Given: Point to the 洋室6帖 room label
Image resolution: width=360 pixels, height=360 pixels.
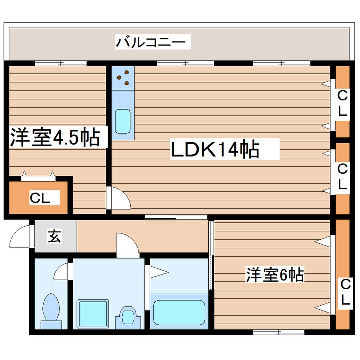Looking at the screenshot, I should (275, 274).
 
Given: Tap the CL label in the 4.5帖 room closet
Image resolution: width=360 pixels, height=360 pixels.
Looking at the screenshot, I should (40, 198).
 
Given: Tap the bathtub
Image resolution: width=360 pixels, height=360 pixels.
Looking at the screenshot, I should (179, 312).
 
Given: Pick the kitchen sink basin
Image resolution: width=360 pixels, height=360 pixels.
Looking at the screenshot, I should (123, 121).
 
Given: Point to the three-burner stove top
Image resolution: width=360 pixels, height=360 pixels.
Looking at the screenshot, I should (123, 77).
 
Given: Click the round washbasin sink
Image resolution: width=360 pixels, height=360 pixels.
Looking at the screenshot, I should (128, 316).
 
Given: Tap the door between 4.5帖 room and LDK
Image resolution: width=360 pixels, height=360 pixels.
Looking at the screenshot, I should (120, 199).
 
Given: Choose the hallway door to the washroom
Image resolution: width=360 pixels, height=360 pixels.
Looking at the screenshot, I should (127, 245).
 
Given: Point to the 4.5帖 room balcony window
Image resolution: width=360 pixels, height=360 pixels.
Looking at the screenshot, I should (61, 63).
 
